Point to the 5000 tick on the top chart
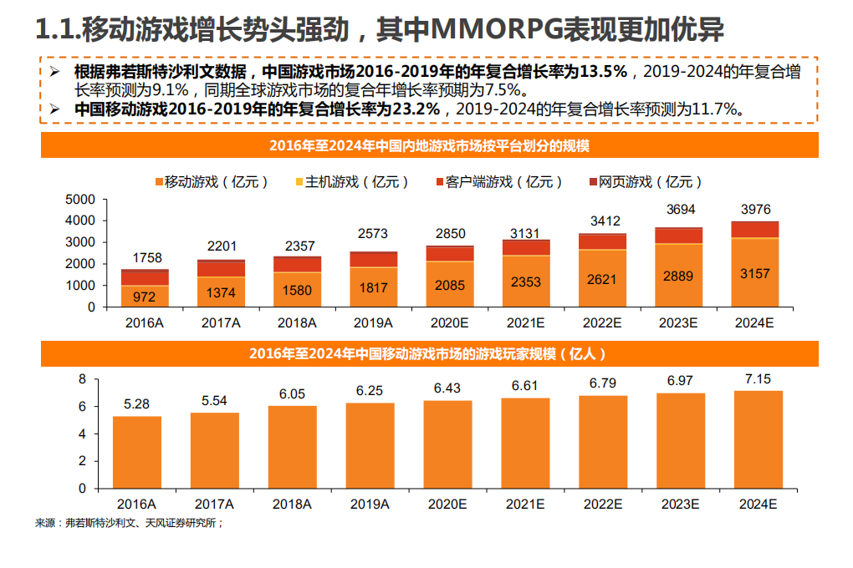[82, 200]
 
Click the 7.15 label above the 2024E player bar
[758, 379]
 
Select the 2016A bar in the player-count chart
[137, 452]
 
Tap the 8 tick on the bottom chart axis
[83, 379]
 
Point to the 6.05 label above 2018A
[293, 394]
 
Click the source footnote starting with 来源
[130, 523]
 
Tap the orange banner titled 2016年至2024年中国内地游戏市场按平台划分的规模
[429, 145]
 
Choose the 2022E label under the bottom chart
[602, 505]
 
